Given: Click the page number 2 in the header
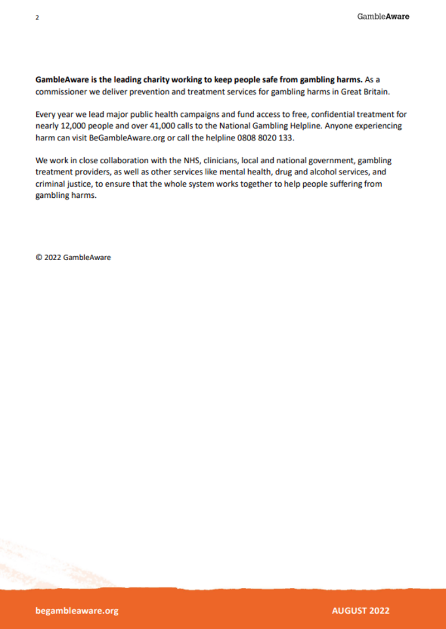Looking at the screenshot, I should point(37,17).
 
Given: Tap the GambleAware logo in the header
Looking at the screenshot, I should point(383,17).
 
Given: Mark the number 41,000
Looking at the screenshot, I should point(158,126).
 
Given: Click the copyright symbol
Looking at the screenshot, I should point(39,257).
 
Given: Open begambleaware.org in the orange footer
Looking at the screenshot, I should point(77,610).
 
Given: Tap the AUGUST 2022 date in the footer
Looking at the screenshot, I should point(361,610).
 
